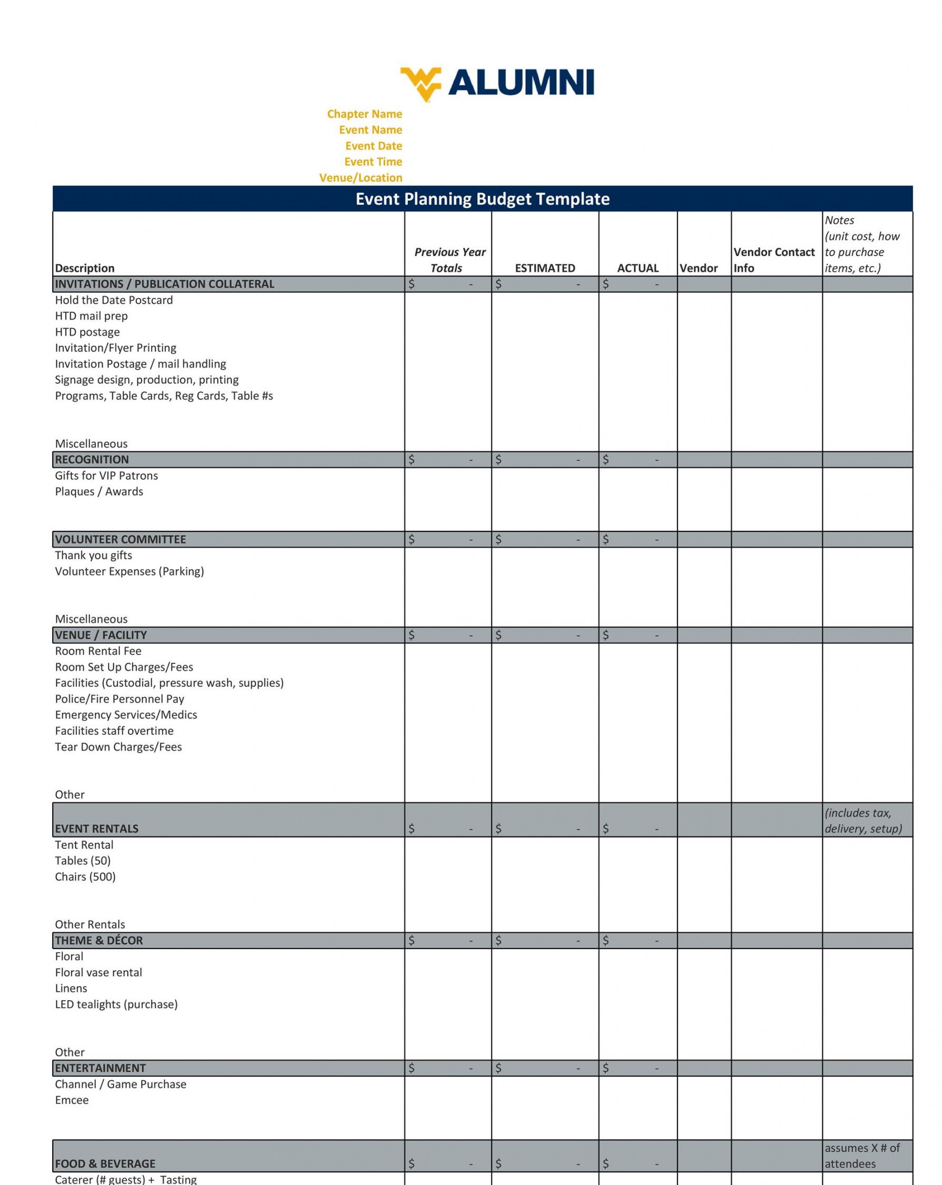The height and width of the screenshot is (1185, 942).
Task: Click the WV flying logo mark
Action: click(x=419, y=84)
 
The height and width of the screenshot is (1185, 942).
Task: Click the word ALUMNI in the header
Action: click(x=521, y=83)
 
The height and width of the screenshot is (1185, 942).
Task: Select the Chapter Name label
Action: click(x=364, y=114)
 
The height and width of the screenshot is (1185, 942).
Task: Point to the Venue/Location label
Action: click(x=360, y=177)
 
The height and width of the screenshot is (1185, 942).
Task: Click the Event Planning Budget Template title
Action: click(x=482, y=199)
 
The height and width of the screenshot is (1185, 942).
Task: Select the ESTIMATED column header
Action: click(x=544, y=268)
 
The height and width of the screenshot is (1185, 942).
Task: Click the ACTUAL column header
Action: click(x=637, y=268)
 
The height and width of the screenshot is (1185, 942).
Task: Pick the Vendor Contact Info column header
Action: click(x=773, y=260)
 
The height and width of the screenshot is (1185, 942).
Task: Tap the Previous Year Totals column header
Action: click(x=449, y=260)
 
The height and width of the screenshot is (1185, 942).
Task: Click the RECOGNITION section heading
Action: click(x=92, y=459)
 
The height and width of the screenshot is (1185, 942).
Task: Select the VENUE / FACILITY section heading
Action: click(x=101, y=635)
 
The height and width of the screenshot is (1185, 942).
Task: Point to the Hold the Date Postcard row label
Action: click(x=114, y=300)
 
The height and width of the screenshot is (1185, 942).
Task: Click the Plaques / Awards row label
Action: click(x=99, y=491)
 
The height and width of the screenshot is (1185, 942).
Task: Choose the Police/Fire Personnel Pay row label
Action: click(x=120, y=698)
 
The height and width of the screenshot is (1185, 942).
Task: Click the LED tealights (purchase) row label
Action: click(x=116, y=1004)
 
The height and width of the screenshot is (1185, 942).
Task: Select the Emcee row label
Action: click(x=72, y=1100)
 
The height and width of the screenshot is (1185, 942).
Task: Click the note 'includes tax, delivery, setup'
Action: click(x=862, y=821)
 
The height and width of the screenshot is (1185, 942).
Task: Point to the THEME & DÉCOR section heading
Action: click(x=99, y=941)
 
